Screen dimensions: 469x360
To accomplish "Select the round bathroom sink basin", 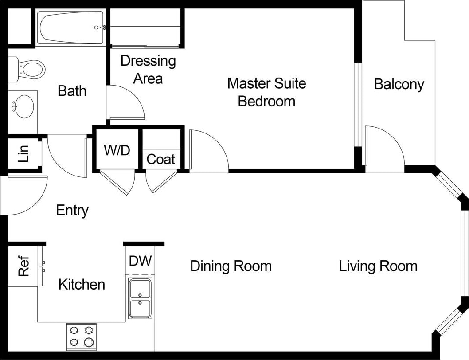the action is [23, 106].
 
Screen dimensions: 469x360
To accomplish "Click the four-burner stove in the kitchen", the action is [82, 337].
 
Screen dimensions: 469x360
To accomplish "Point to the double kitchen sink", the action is [140, 298].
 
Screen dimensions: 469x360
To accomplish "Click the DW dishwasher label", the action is [140, 261].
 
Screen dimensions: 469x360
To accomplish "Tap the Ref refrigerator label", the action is [24, 266].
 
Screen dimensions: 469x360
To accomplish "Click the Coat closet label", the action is [160, 159].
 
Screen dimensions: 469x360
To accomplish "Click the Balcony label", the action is [399, 85].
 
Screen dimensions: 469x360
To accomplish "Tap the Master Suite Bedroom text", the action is [266, 92].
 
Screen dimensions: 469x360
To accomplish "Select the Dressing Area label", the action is [148, 70].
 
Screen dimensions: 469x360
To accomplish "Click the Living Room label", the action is [378, 266].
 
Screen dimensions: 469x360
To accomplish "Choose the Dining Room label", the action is [231, 266].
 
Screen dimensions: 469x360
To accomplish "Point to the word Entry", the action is [72, 211].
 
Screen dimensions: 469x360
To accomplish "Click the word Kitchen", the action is [82, 284].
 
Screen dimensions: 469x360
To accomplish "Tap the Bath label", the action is [72, 91].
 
